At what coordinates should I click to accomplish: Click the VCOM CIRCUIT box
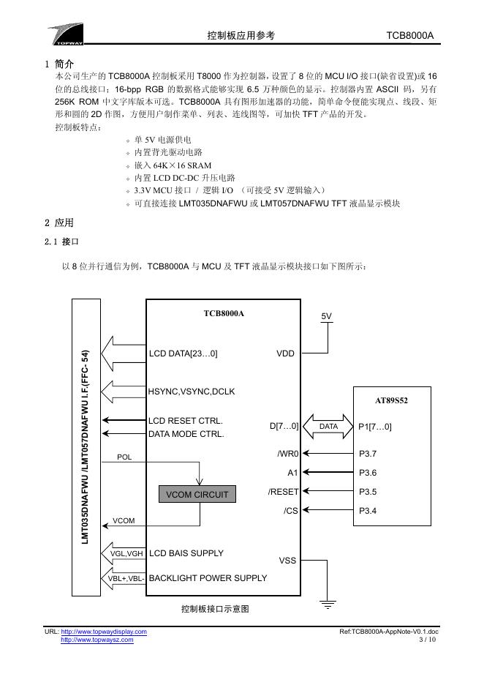click(x=197, y=495)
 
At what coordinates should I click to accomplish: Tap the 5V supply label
click(x=327, y=315)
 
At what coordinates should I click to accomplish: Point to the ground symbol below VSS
click(x=328, y=605)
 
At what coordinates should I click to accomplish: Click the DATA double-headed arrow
click(x=328, y=427)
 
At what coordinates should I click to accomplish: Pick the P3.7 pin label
click(x=368, y=454)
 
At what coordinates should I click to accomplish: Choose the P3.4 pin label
click(x=368, y=510)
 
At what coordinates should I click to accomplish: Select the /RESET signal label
click(x=283, y=492)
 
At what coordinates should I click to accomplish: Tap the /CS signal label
click(x=290, y=510)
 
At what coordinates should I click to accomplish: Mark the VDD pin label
click(x=285, y=353)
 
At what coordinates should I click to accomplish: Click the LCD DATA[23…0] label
click(x=183, y=353)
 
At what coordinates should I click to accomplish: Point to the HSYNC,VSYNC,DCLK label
click(x=192, y=392)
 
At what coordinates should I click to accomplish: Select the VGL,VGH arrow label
click(x=127, y=554)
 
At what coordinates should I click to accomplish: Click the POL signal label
click(x=124, y=457)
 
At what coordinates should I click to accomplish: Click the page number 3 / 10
click(x=428, y=640)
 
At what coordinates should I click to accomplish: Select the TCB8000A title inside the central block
click(x=224, y=313)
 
